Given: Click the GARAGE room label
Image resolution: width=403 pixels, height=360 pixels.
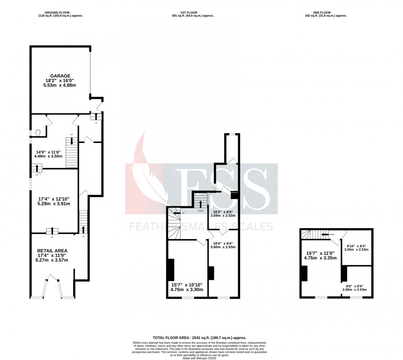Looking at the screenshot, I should click(x=60, y=76).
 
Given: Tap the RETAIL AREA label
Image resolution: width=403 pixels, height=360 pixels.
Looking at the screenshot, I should click(x=52, y=250).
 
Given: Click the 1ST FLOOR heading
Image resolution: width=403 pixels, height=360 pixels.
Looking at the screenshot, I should click(x=193, y=13).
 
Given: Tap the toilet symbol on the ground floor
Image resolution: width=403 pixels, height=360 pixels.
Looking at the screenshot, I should click(x=38, y=132).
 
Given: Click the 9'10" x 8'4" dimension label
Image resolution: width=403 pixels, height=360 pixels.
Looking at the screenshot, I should click(x=357, y=247).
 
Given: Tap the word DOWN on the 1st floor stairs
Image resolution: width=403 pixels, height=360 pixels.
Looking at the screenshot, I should click(x=200, y=210).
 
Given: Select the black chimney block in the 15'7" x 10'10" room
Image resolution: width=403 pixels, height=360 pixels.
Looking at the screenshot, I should click(x=171, y=269).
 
